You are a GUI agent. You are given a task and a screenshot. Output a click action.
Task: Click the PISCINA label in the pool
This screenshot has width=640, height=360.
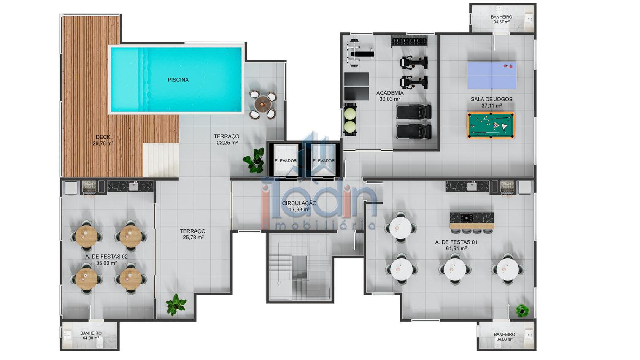[178, 80]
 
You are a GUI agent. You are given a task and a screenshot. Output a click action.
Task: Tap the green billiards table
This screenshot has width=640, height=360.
[491, 125]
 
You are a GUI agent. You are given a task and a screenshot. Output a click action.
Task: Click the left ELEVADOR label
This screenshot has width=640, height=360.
[286, 161]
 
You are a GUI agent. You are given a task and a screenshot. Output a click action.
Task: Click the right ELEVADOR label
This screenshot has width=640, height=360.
[324, 161]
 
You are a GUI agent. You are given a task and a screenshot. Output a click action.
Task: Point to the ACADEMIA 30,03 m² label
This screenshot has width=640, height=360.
[390, 96]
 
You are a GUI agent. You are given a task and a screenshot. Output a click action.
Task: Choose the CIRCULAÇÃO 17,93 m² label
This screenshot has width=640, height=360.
[299, 206]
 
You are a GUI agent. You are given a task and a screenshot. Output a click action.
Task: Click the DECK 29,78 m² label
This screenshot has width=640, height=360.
[103, 140]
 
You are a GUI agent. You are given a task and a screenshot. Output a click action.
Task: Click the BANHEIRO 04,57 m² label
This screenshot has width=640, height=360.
[501, 19]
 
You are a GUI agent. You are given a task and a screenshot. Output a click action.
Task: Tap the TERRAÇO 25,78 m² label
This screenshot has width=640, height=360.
[192, 234]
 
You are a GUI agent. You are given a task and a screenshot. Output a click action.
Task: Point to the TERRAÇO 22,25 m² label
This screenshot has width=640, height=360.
[227, 139]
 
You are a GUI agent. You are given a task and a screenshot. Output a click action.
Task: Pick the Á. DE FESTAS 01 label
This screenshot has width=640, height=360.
[456, 245]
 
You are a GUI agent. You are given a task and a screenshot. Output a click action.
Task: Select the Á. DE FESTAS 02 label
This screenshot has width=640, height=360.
[106, 260]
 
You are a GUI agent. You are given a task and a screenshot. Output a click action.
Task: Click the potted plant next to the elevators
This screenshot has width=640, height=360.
[254, 161]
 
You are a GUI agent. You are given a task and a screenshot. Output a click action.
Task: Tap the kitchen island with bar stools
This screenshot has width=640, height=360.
[471, 221]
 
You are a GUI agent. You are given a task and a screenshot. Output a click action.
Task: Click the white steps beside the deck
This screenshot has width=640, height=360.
[161, 160]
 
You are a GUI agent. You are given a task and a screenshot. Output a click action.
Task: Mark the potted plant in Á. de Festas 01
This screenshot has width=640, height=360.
[523, 311]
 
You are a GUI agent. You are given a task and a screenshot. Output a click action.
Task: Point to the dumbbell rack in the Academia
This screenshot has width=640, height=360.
[409, 41]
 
